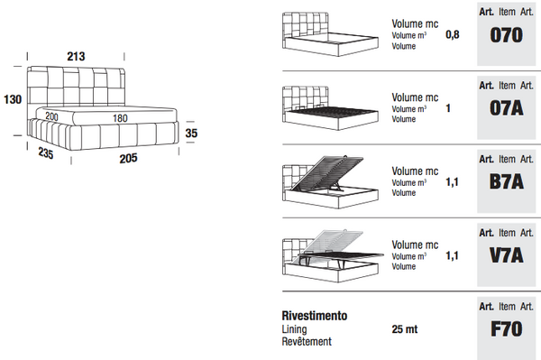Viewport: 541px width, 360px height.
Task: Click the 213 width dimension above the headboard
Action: [76, 56]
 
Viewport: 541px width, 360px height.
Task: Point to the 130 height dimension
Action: [13, 99]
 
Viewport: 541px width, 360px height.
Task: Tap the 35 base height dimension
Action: [191, 133]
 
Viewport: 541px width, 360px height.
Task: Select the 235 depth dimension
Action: [46, 152]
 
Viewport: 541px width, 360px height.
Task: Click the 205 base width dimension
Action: [128, 159]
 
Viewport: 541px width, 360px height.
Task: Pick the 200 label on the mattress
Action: [51, 116]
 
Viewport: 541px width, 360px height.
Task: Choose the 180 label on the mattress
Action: [120, 118]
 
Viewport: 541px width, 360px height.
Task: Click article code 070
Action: [506, 35]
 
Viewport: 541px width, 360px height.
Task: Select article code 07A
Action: [507, 108]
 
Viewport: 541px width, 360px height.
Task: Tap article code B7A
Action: [507, 182]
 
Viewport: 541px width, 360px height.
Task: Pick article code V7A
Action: [507, 255]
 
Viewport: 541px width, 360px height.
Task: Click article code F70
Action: [507, 329]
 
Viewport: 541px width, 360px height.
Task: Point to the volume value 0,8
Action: [453, 34]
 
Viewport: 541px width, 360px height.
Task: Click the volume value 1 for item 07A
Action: [448, 108]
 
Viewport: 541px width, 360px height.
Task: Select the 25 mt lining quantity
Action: [404, 329]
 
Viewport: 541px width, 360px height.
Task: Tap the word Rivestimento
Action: [315, 316]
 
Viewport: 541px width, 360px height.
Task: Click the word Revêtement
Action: [307, 341]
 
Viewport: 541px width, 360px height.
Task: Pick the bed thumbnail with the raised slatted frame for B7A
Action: [330, 182]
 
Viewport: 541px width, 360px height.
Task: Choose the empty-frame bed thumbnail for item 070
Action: [330, 34]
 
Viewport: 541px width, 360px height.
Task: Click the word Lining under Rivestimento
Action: [294, 329]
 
